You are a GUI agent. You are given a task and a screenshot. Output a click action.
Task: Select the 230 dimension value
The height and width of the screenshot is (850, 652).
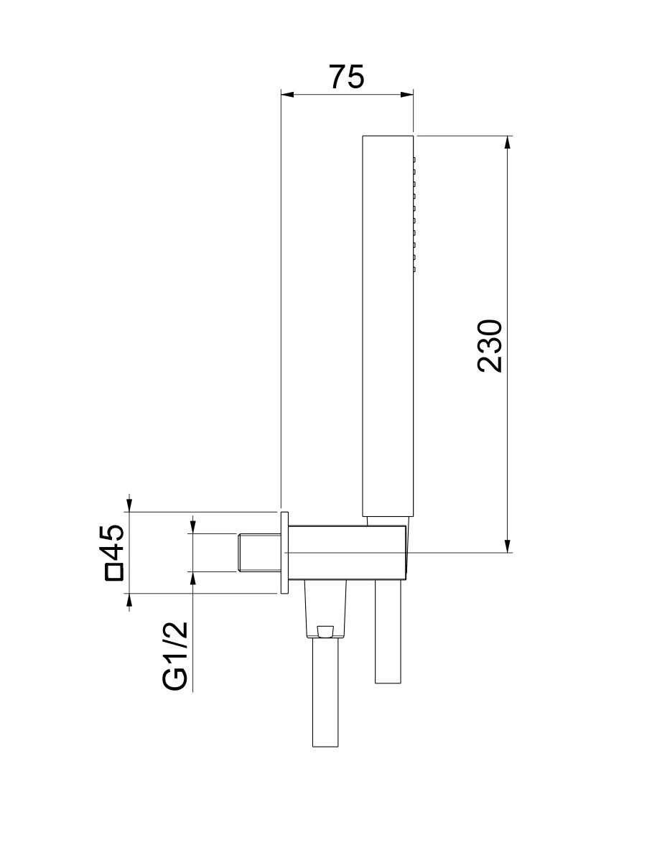coord(490,346)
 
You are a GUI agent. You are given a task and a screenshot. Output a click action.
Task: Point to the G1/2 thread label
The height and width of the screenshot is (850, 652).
coord(176,656)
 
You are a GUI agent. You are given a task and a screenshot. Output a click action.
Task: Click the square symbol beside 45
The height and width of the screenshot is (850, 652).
coord(114,572)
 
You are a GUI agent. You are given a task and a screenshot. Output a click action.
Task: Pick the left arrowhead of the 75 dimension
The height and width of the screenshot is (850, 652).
coord(287,95)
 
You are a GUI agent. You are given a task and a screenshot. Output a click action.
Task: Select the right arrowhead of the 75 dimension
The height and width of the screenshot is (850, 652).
coord(407,95)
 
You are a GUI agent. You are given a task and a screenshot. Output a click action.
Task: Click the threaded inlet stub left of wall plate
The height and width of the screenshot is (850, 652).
coord(259,553)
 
